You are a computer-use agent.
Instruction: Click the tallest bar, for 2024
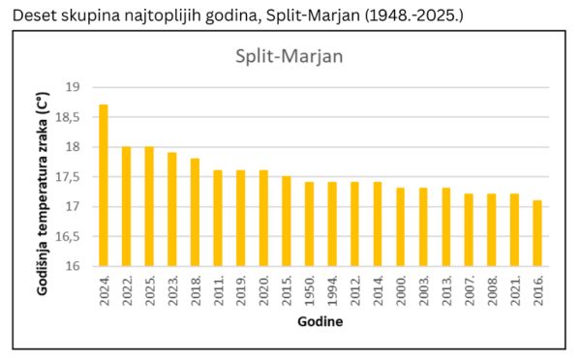104,185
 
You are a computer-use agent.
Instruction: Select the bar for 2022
127,206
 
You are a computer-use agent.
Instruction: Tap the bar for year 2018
195,212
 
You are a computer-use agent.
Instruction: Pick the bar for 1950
310,224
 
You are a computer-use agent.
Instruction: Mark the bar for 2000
401,226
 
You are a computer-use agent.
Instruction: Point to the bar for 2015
287,221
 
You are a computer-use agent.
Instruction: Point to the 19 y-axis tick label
72,87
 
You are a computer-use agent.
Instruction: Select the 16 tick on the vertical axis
72,266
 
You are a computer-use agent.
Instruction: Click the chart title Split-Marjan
290,55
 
